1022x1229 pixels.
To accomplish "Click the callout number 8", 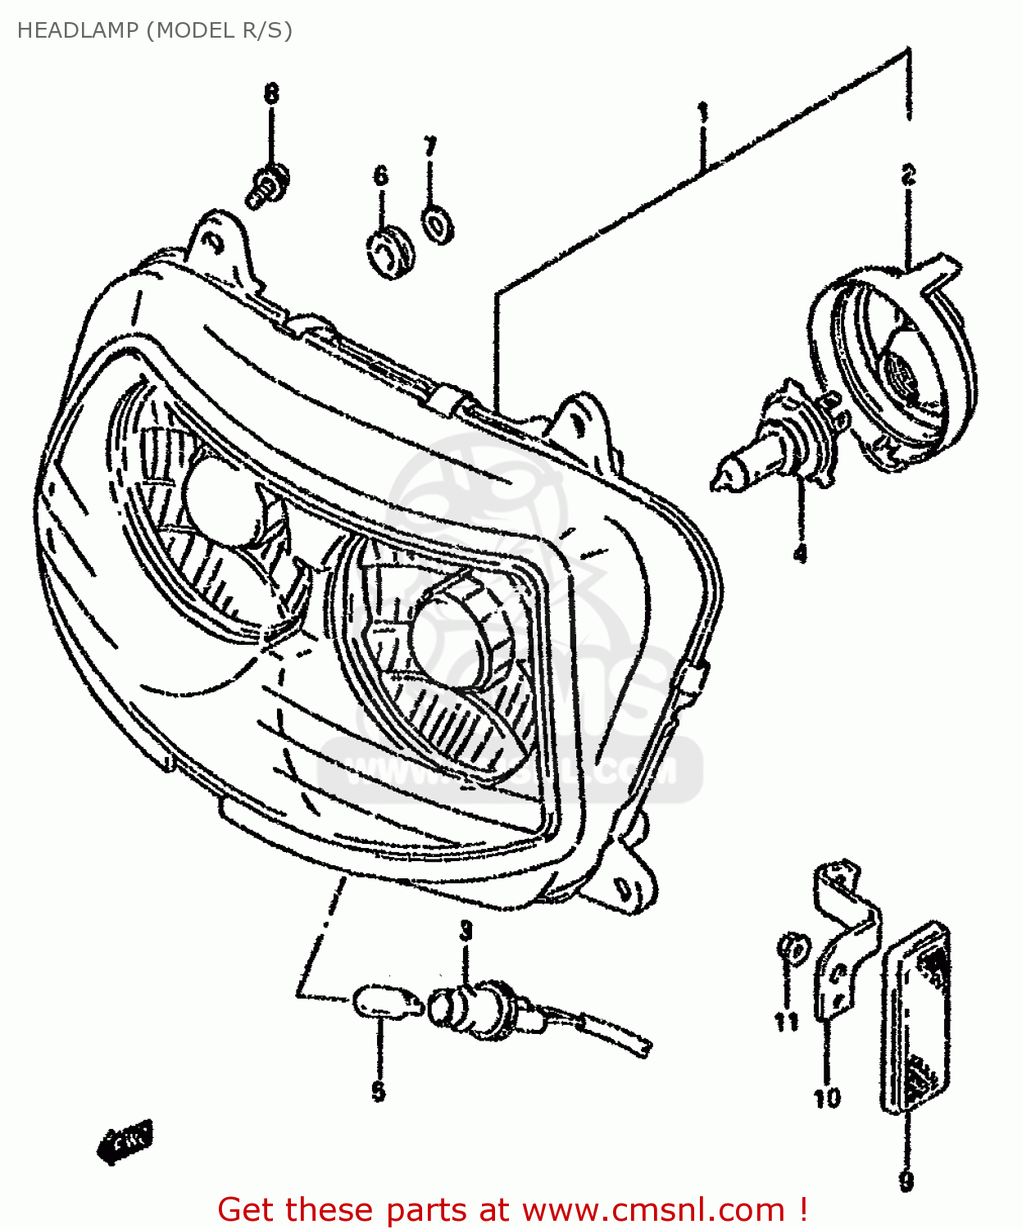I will coord(271,93).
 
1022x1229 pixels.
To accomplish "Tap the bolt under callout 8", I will coord(267,186).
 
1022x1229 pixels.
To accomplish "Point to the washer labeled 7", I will coord(438,223).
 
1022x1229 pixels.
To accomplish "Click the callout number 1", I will coord(702,112).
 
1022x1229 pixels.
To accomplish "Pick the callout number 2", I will coord(908,175).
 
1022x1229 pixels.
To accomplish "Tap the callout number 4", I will coord(800,554).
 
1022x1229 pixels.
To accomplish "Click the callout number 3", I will coord(466,931).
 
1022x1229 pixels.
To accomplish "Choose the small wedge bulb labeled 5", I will coord(379,1001).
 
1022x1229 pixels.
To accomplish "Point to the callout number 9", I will coord(906,1181).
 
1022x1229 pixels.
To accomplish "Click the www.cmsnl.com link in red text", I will coord(653,1209).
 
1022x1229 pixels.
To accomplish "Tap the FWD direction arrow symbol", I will coord(126,1140).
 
